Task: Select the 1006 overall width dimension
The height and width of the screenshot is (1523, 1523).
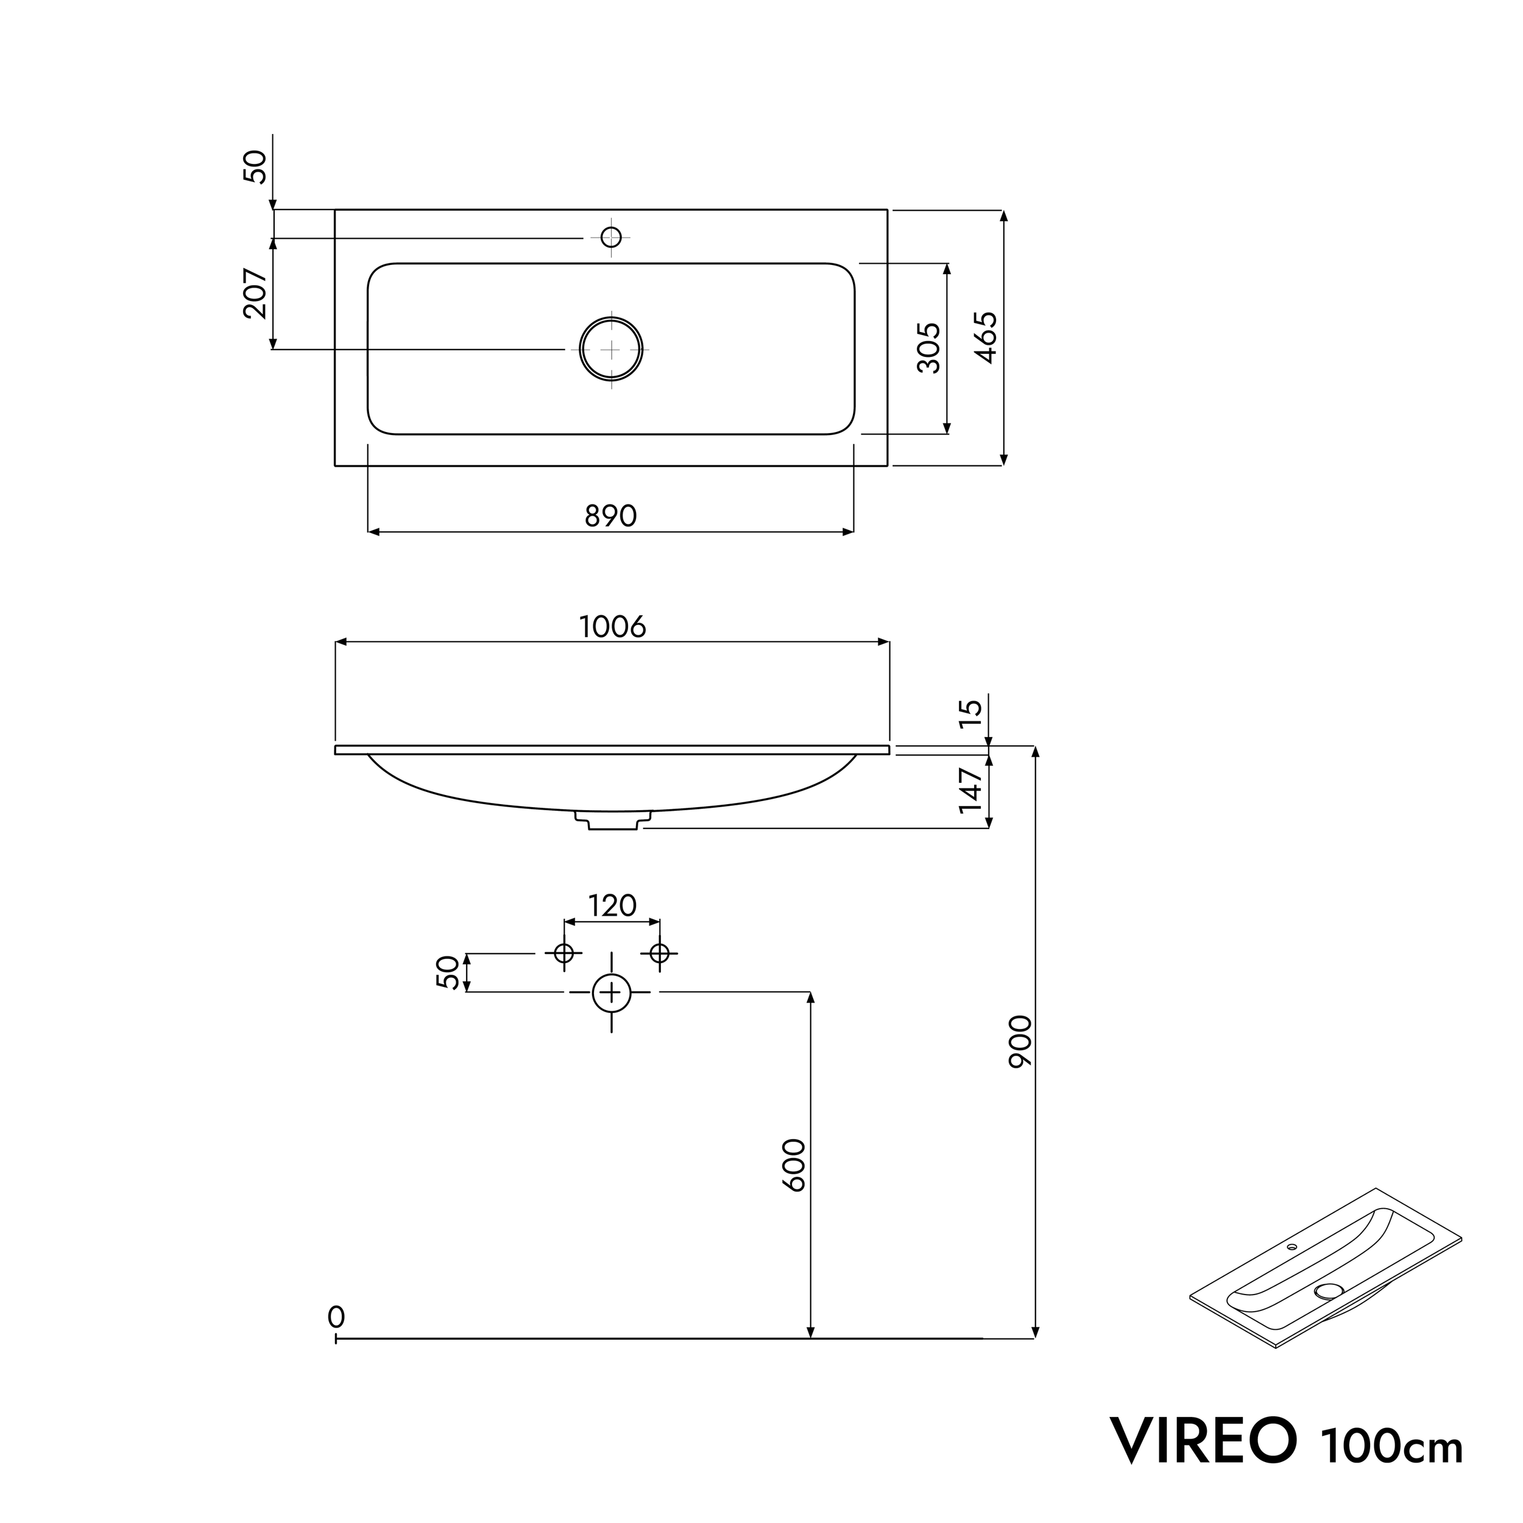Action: point(612,627)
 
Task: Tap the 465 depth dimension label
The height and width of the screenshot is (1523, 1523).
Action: point(986,337)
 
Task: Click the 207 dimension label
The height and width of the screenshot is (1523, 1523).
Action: point(255,293)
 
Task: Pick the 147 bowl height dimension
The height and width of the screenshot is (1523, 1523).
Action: point(971,789)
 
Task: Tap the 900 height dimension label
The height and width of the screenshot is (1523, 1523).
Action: point(1019,1041)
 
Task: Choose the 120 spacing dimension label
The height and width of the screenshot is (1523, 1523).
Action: point(612,906)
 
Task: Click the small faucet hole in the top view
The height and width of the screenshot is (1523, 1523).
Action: point(611,236)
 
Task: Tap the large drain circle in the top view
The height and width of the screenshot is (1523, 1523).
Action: point(611,348)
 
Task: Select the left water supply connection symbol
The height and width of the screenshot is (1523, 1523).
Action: point(564,953)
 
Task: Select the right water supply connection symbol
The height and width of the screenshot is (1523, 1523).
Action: point(660,953)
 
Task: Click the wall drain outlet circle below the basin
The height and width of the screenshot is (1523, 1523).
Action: point(612,992)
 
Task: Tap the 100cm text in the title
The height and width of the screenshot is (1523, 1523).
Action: point(1392,1445)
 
